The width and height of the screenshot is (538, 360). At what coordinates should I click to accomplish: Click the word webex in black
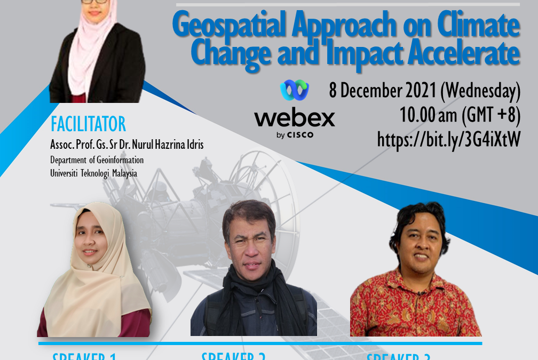click(295, 118)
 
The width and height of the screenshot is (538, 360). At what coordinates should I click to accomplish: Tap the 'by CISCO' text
click(295, 135)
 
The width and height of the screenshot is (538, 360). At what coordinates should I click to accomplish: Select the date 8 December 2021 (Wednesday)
click(424, 91)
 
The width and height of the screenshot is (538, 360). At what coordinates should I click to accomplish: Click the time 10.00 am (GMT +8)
click(460, 115)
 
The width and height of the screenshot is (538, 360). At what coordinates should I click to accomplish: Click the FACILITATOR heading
click(88, 124)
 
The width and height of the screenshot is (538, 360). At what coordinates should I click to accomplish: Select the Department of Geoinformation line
click(97, 160)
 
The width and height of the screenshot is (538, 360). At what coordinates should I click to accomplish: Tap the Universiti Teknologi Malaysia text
click(93, 173)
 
